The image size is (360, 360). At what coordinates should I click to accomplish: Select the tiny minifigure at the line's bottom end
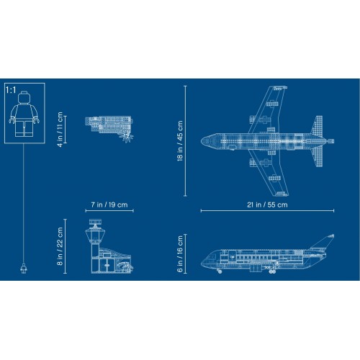[24, 270]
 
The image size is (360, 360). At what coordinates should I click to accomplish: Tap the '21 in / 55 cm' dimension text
[268, 205]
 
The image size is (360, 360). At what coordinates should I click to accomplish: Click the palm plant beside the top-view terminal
[128, 134]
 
